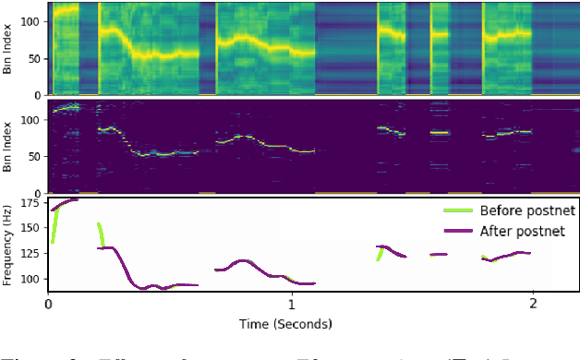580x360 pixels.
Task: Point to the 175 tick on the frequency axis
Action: (x=31, y=201)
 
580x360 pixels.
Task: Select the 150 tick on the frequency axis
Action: (x=31, y=227)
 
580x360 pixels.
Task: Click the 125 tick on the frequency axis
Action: (x=31, y=253)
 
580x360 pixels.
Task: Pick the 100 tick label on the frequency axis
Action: (x=31, y=279)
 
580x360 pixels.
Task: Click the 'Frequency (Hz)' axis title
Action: (x=8, y=244)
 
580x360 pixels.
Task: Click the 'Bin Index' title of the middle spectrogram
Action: (x=8, y=146)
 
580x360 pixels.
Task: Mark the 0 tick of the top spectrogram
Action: (x=38, y=94)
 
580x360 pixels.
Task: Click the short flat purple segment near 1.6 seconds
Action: (x=438, y=254)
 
